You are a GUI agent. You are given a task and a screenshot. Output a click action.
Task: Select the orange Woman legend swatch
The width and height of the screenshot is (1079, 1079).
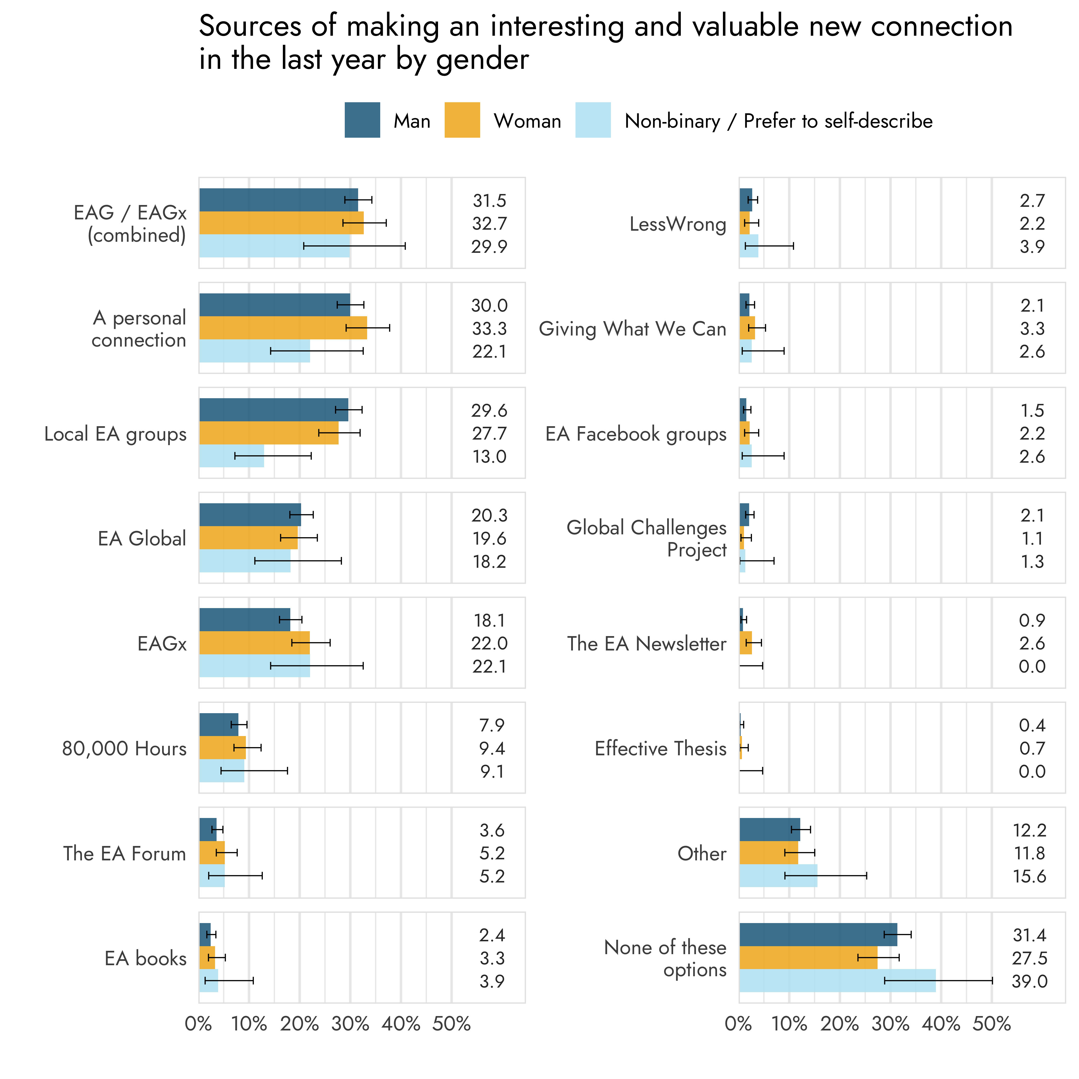(462, 120)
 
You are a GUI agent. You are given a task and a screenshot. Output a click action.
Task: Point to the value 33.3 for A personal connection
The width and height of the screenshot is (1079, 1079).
(489, 328)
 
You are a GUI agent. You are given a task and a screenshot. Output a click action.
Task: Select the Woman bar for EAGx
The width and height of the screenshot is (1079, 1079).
(254, 643)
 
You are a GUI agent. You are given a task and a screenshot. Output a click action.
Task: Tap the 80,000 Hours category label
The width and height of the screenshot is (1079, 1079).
(124, 748)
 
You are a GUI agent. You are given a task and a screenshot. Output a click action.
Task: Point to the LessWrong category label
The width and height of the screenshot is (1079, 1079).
(677, 224)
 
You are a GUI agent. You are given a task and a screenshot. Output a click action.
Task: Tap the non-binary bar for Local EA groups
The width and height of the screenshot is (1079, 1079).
(231, 456)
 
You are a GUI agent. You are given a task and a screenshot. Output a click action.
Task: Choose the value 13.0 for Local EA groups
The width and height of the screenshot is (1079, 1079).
(489, 456)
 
